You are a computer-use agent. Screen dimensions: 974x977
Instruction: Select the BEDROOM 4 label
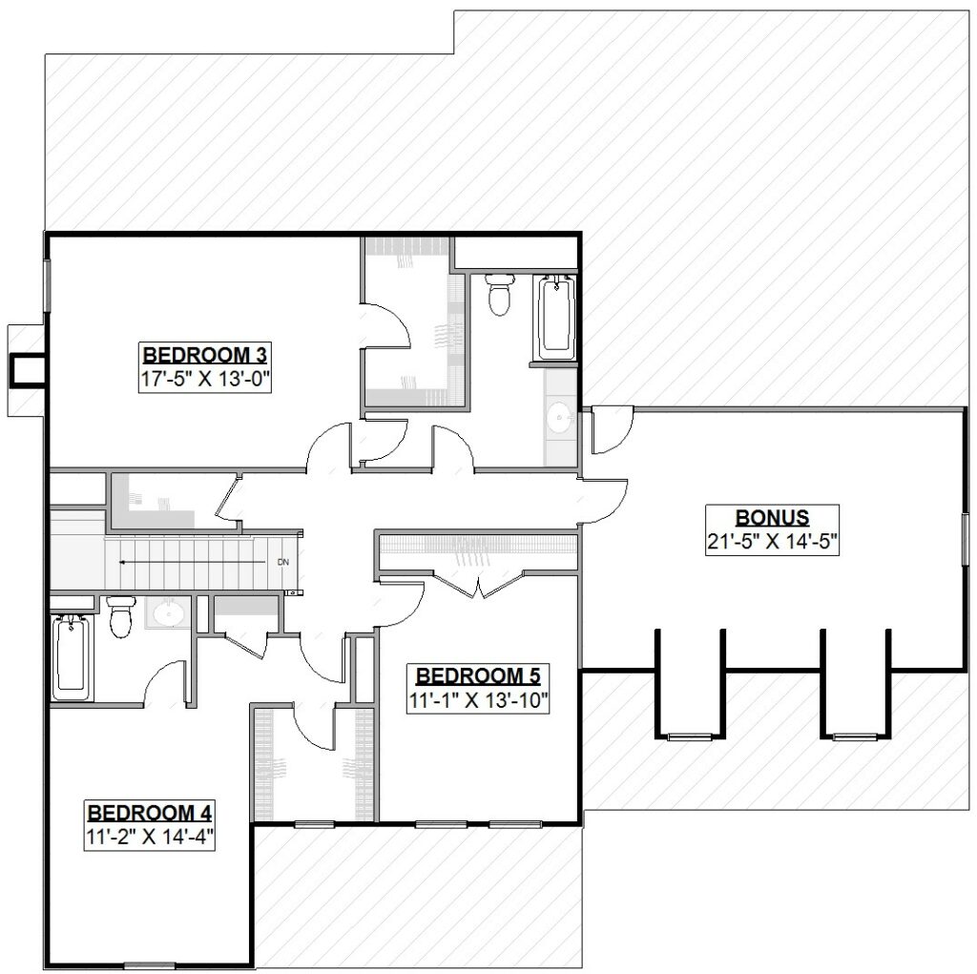tap(149, 813)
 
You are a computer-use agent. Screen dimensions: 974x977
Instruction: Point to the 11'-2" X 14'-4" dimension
tap(149, 837)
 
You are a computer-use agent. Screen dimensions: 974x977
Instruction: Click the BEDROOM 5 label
tap(479, 676)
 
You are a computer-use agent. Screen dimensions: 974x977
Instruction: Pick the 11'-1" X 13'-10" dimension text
tap(479, 700)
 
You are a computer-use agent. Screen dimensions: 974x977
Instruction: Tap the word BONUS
tap(773, 518)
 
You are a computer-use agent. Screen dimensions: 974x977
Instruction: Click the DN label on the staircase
tap(282, 563)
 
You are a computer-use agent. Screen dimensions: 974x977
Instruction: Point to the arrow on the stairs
tap(191, 563)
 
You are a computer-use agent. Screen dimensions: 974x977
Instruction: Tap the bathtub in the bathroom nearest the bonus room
tap(555, 317)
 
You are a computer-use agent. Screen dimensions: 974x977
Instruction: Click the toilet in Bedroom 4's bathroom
tap(120, 617)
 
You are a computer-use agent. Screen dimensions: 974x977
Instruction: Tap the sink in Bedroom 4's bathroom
tap(170, 614)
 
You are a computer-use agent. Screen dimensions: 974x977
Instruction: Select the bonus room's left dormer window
tap(687, 736)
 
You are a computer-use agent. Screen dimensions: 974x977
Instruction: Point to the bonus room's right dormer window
tap(855, 736)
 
